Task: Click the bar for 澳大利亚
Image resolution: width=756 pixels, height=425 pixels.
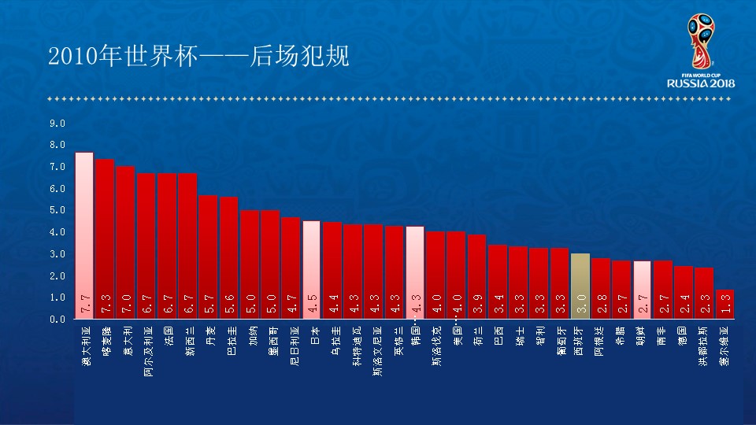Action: click(x=84, y=235)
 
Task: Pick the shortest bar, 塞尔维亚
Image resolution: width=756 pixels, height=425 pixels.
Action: click(x=725, y=304)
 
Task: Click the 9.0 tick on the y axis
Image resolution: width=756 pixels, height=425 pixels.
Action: click(x=57, y=124)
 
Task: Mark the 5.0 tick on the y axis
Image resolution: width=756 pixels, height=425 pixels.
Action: click(x=57, y=211)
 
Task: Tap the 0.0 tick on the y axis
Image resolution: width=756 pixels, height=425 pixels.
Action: click(x=57, y=320)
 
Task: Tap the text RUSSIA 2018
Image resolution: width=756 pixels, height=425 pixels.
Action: click(x=701, y=83)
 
